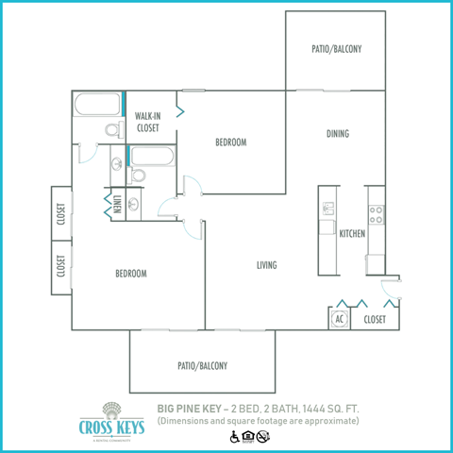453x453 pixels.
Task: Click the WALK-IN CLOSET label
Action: click(148, 120)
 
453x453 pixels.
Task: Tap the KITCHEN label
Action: click(352, 232)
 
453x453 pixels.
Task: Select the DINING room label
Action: click(337, 134)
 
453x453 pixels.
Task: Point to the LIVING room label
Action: click(266, 265)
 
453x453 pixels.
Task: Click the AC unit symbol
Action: click(339, 319)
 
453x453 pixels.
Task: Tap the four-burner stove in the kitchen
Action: click(375, 215)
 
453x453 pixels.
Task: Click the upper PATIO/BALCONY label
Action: click(336, 49)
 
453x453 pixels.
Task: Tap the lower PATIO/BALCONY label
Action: click(202, 365)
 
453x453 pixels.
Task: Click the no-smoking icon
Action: click(263, 435)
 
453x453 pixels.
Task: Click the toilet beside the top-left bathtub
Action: click(110, 130)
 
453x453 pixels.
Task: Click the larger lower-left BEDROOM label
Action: click(131, 274)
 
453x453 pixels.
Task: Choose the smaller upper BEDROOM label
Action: click(230, 143)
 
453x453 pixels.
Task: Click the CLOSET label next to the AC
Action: click(375, 319)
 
